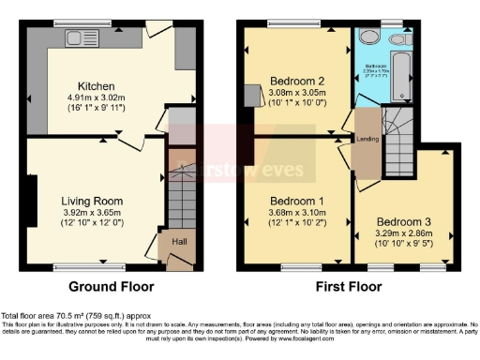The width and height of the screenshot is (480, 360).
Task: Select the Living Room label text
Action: [92, 201]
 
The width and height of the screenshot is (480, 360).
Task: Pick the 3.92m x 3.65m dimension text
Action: [92, 212]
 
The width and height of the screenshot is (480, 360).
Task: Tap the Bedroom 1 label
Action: [296, 201]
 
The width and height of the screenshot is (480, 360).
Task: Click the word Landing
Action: [367, 142]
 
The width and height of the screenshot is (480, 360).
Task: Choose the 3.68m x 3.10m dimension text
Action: [296, 212]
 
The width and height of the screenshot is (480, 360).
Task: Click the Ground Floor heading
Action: [112, 286]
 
